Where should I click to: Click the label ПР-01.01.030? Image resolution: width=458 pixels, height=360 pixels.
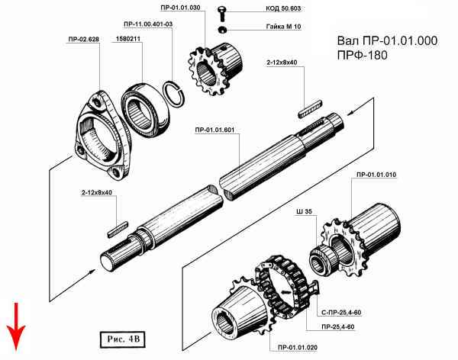[181, 7]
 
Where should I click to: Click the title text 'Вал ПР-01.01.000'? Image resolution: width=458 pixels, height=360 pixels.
[386, 41]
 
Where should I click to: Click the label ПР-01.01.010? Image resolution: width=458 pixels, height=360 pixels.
[375, 175]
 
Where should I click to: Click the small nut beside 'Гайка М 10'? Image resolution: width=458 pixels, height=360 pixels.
[221, 29]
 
